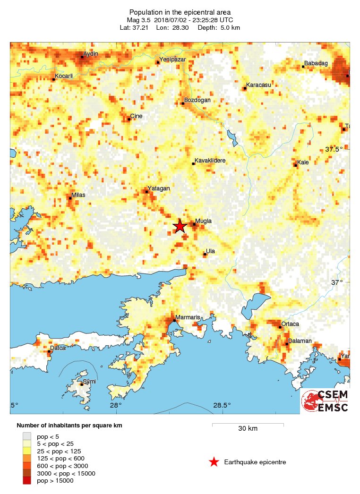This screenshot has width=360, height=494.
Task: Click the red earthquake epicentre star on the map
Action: [x=180, y=226]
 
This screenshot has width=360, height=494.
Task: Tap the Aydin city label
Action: [x=90, y=54]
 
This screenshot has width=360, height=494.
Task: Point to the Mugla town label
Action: [x=204, y=221]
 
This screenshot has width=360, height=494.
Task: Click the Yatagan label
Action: [x=158, y=188]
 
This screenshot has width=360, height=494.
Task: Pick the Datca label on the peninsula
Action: [x=58, y=348]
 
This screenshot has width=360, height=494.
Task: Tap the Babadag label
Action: [x=316, y=63]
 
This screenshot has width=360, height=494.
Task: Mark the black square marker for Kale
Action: [x=296, y=165]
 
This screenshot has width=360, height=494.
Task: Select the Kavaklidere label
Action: [x=210, y=161]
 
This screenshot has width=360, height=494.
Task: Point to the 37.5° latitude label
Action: [x=334, y=149]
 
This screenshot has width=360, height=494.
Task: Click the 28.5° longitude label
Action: [x=222, y=405]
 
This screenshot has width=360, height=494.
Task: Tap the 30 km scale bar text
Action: [x=248, y=429]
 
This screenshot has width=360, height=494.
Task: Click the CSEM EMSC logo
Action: [x=325, y=401]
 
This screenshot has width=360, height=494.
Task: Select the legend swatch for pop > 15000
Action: [x=27, y=481]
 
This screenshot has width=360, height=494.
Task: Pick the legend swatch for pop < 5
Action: [x=27, y=436]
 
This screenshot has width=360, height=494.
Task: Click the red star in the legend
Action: [x=214, y=462]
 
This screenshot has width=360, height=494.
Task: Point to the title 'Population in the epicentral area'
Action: [x=180, y=11]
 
